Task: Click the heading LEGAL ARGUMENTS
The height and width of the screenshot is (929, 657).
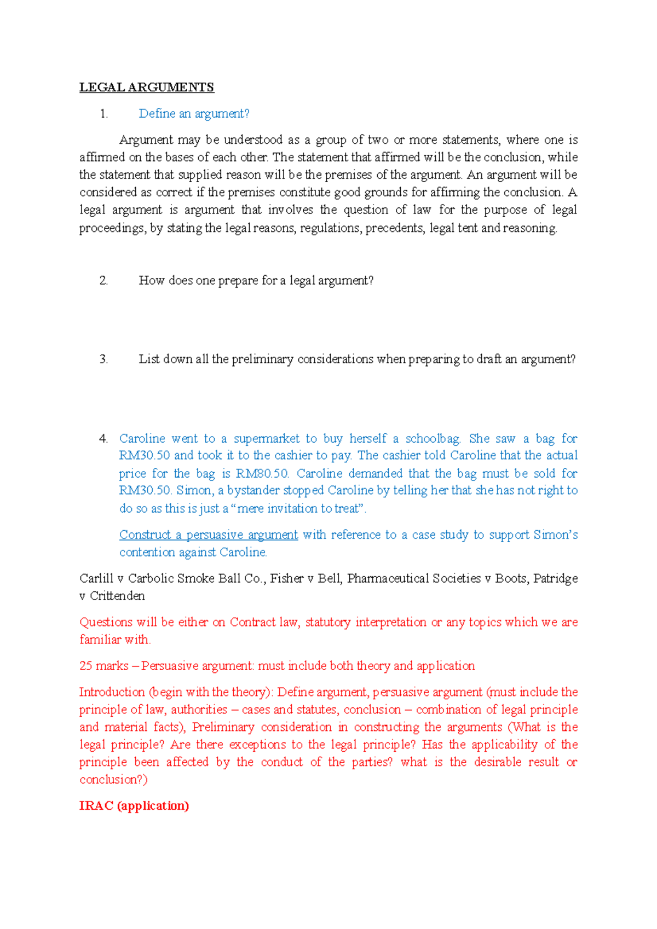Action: [x=146, y=88]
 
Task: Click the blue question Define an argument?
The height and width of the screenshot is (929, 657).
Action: [x=194, y=114]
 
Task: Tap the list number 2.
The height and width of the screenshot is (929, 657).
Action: [x=103, y=281]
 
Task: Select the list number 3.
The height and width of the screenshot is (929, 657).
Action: [x=103, y=359]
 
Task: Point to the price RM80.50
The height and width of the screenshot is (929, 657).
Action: [x=262, y=473]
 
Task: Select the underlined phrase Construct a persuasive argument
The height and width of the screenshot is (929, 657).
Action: [x=209, y=535]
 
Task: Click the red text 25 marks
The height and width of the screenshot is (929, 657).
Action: [x=103, y=666]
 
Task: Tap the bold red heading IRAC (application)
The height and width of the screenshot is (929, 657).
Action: [x=134, y=806]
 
